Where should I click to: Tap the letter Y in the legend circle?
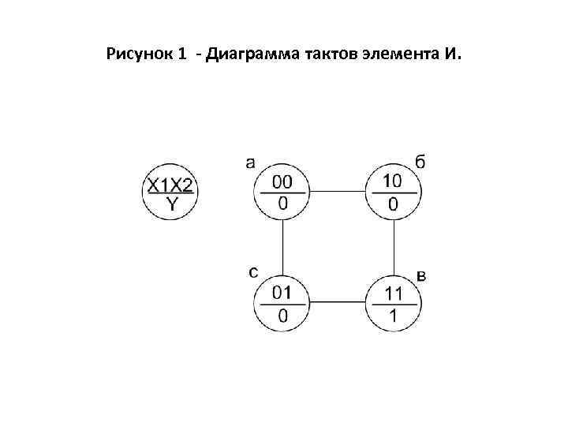(171, 204)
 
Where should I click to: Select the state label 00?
(282, 182)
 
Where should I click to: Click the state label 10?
(392, 181)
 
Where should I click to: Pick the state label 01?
(282, 293)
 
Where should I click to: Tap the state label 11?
(393, 293)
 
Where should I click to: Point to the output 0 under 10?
(392, 204)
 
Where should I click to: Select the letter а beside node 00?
(250, 163)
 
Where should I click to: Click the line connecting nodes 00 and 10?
(338, 191)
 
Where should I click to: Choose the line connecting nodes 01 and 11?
(338, 301)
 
